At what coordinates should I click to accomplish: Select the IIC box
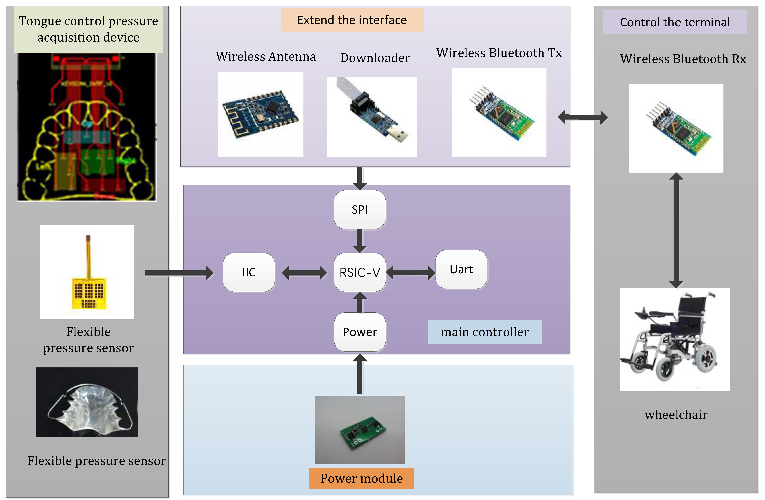pyautogui.click(x=249, y=272)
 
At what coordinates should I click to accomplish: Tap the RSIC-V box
pyautogui.click(x=359, y=272)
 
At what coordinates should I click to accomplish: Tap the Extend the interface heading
pyautogui.click(x=352, y=20)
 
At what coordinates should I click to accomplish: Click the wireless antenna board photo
pyautogui.click(x=260, y=114)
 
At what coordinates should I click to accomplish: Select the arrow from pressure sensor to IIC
pyautogui.click(x=178, y=273)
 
